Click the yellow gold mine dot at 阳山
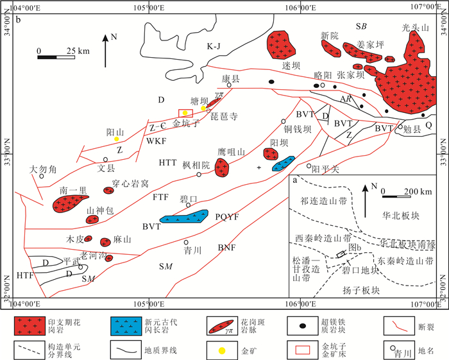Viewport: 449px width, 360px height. point(117,139)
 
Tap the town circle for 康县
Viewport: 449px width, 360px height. point(229,85)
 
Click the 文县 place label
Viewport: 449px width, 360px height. point(106,168)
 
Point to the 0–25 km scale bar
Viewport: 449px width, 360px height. point(56,57)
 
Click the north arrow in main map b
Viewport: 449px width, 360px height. point(105,51)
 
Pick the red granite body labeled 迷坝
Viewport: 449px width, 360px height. point(281,45)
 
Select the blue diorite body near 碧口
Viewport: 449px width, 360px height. point(185,216)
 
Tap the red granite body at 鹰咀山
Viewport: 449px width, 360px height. point(222,167)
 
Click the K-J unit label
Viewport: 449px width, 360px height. point(214,46)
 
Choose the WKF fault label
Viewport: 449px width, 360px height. point(156,141)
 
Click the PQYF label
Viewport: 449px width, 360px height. point(227,217)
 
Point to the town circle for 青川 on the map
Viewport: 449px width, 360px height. point(186,243)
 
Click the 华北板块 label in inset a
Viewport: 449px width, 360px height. point(401,216)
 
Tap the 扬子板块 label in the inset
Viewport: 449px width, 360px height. point(361,291)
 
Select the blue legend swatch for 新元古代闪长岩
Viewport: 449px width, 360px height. point(126,326)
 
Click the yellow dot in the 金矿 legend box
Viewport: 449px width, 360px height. point(222,350)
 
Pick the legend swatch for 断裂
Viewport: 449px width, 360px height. point(399,326)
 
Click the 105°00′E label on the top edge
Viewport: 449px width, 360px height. point(149,7)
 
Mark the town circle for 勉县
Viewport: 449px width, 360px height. point(400,126)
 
